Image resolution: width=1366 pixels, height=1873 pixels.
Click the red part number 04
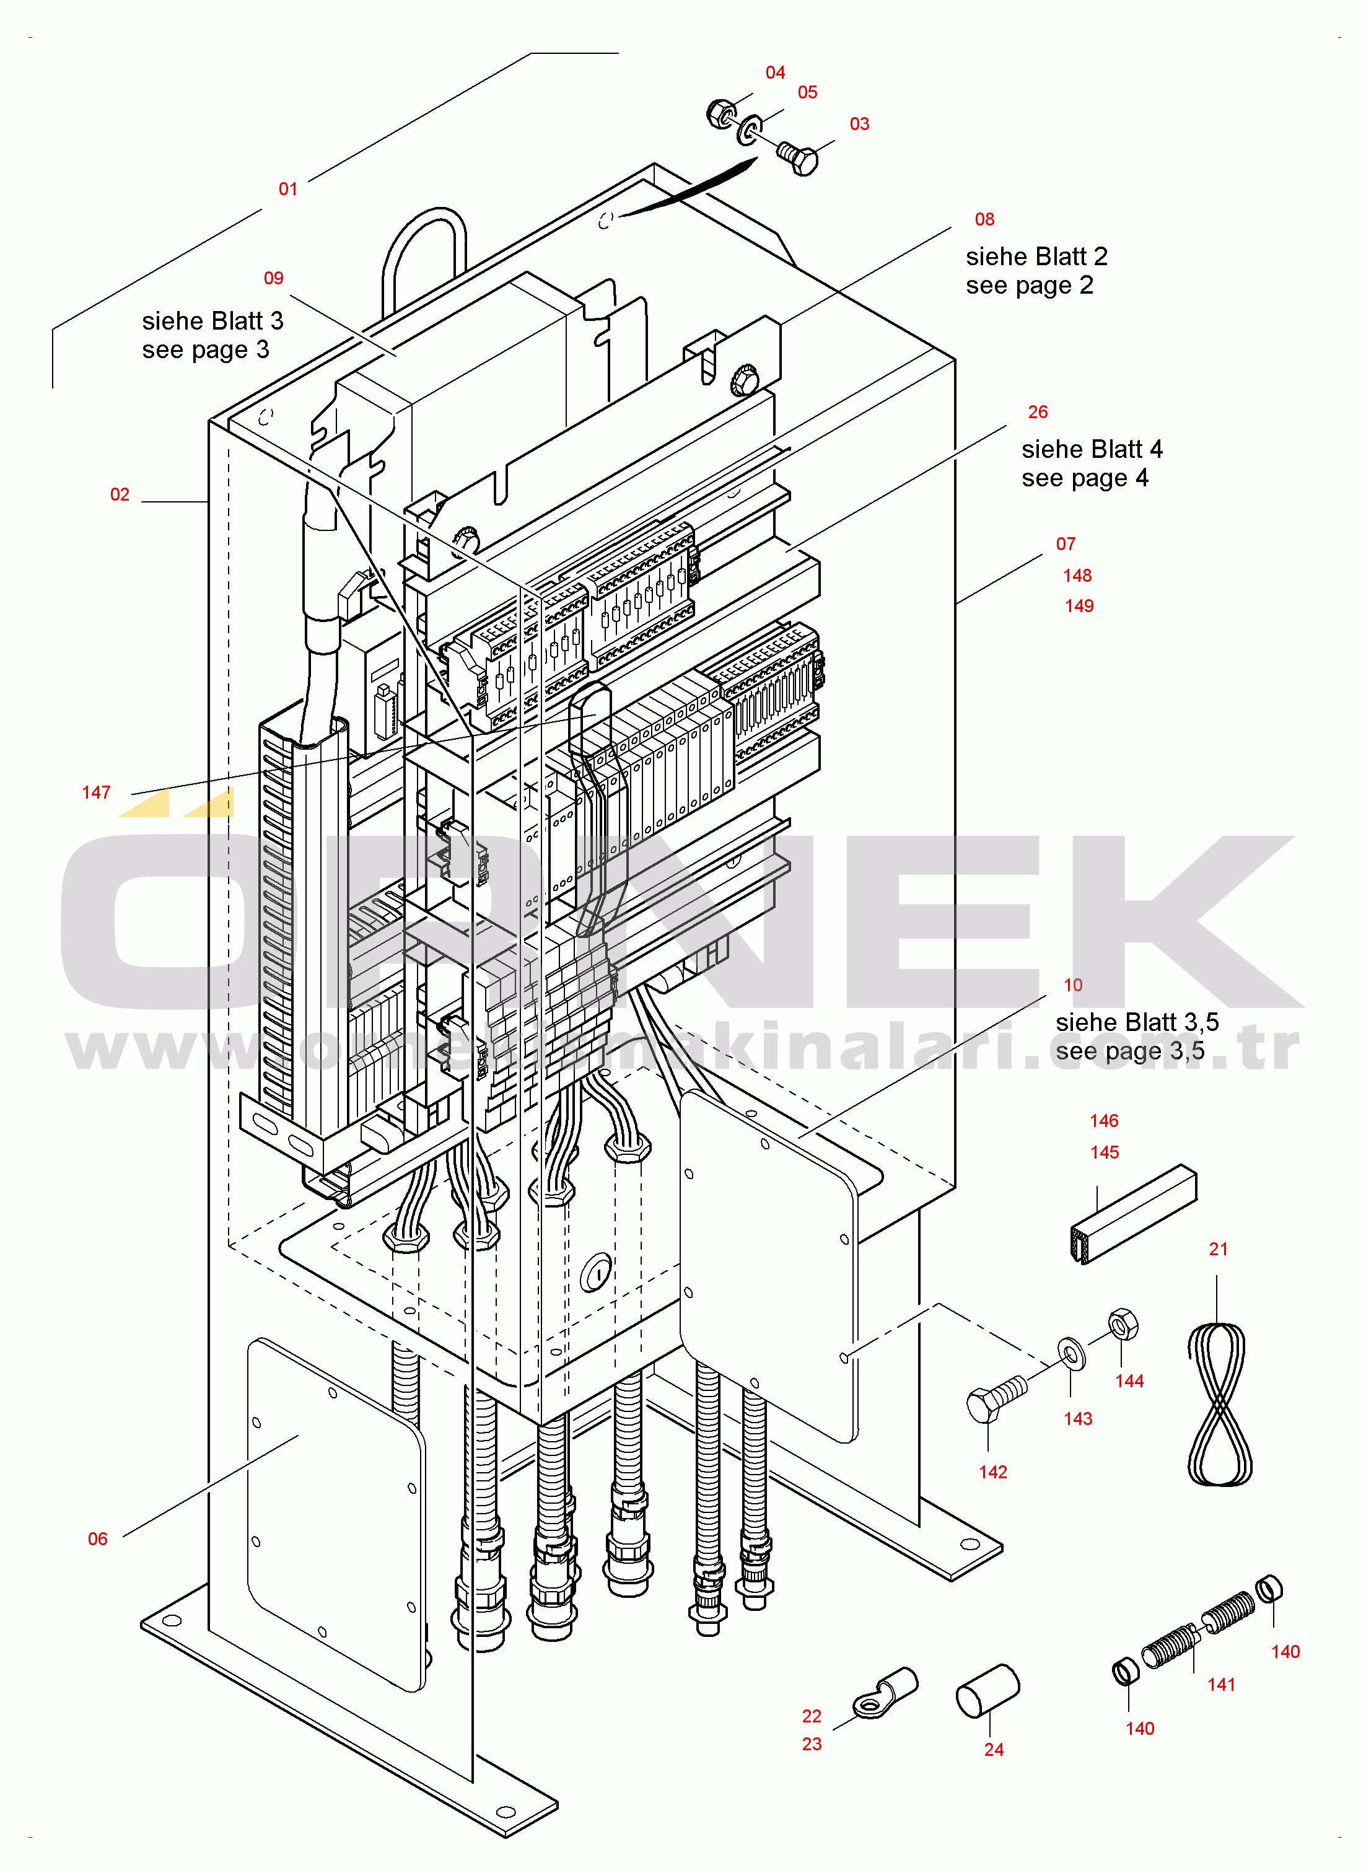775,72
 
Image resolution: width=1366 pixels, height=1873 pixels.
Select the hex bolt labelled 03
798,157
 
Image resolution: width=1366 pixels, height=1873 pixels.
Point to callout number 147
96,792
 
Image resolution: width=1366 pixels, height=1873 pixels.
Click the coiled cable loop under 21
1219,1404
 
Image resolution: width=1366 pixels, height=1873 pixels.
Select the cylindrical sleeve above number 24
987,1691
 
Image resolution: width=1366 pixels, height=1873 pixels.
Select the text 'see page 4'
1085,478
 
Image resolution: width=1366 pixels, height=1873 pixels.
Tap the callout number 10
1072,985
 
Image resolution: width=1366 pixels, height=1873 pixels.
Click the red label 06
98,1539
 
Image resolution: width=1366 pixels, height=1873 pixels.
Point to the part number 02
120,494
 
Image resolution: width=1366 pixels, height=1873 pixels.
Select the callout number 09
274,278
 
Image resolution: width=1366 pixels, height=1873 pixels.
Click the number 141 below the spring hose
1221,1685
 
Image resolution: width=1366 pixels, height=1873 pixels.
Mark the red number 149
1079,606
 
